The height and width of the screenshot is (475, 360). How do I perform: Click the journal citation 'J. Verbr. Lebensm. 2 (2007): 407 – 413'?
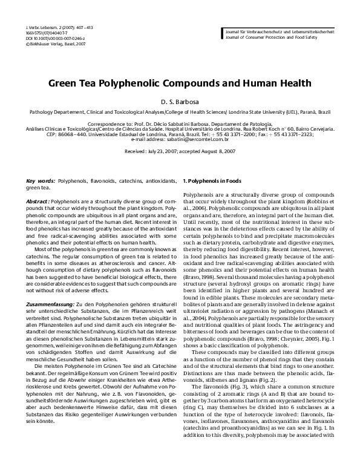tap(51, 28)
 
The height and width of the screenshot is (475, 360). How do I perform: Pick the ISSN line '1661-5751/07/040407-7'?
tap(42, 34)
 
